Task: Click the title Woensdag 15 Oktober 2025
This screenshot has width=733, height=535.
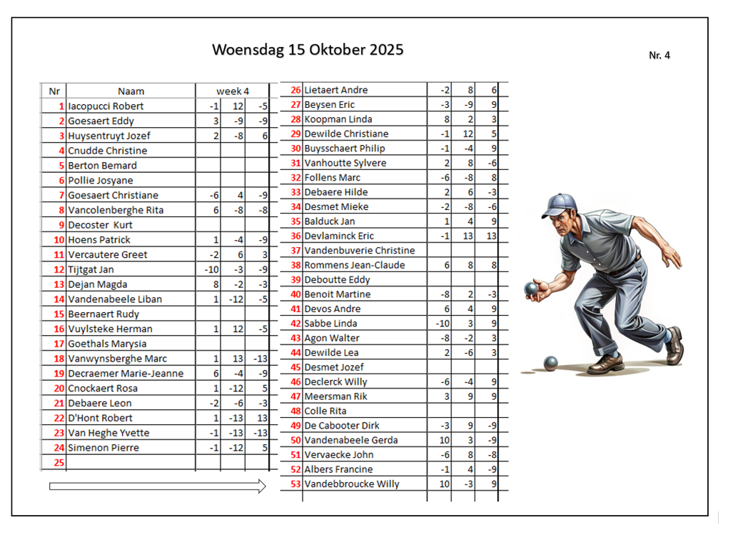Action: (308, 50)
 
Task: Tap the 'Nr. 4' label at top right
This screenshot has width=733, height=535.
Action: (659, 55)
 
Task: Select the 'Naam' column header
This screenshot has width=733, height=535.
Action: (131, 91)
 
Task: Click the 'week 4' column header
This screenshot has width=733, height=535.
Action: (233, 91)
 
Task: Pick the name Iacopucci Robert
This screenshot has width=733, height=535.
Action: (106, 106)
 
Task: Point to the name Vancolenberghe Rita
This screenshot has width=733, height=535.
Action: (116, 210)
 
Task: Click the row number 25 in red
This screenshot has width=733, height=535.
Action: (59, 462)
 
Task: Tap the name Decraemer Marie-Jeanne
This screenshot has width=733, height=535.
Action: (126, 374)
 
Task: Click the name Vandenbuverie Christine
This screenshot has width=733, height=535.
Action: (359, 251)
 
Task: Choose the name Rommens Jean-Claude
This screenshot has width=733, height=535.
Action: (354, 265)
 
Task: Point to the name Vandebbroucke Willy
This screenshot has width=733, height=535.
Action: (351, 484)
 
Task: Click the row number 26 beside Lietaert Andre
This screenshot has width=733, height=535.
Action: (295, 90)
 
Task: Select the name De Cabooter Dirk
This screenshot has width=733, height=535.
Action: (342, 426)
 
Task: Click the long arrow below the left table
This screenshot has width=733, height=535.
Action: (157, 486)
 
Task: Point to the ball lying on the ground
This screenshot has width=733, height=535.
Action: (550, 364)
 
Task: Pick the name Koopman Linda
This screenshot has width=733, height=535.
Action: (338, 119)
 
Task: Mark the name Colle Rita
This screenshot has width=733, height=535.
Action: (325, 411)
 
